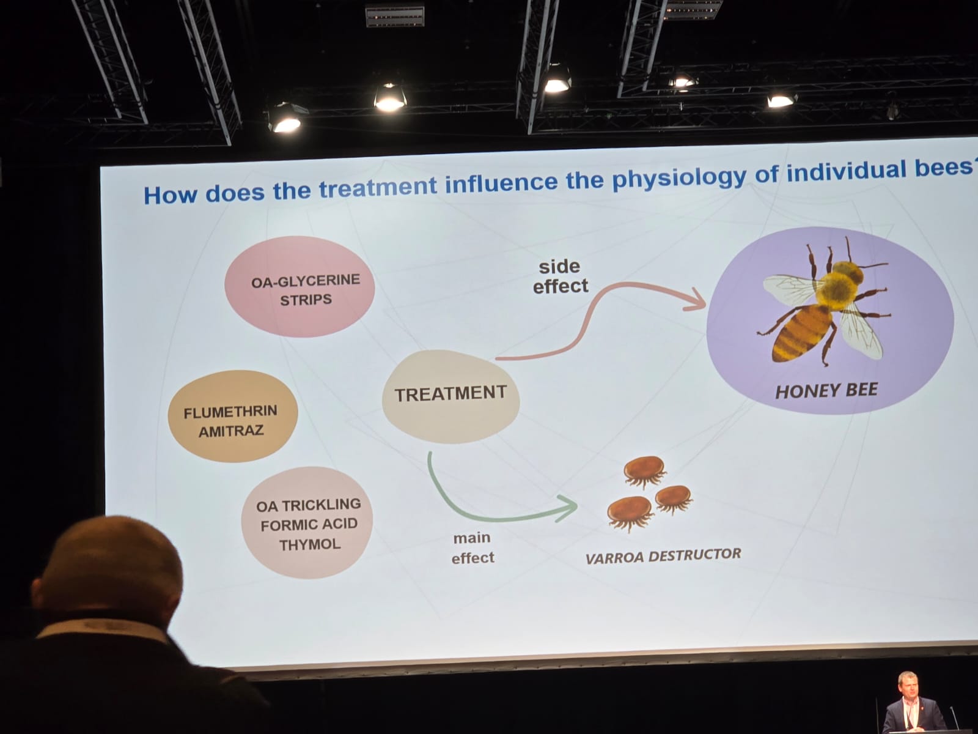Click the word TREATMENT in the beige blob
(x=450, y=393)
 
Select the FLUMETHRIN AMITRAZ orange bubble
(x=232, y=417)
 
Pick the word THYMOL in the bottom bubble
(x=310, y=544)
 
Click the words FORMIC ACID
(x=309, y=524)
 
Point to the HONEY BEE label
(x=826, y=390)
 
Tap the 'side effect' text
(x=560, y=276)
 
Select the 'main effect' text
(x=472, y=547)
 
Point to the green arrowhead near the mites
(x=568, y=508)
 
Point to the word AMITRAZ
(x=231, y=431)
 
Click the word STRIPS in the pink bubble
(x=306, y=300)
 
